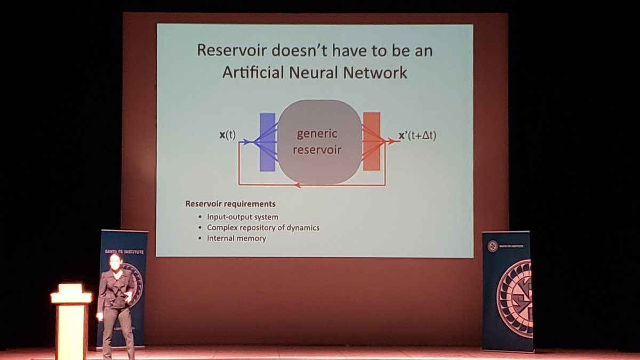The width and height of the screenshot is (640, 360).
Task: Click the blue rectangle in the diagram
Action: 267,142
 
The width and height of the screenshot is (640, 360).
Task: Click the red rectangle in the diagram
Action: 371,141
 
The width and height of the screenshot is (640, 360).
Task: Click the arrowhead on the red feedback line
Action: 297,186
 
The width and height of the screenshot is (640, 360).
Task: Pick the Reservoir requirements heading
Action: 230,204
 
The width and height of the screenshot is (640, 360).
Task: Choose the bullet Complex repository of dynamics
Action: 263,228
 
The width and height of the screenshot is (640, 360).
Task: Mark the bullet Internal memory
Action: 236,238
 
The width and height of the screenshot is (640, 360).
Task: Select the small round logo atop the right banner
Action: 492,246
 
